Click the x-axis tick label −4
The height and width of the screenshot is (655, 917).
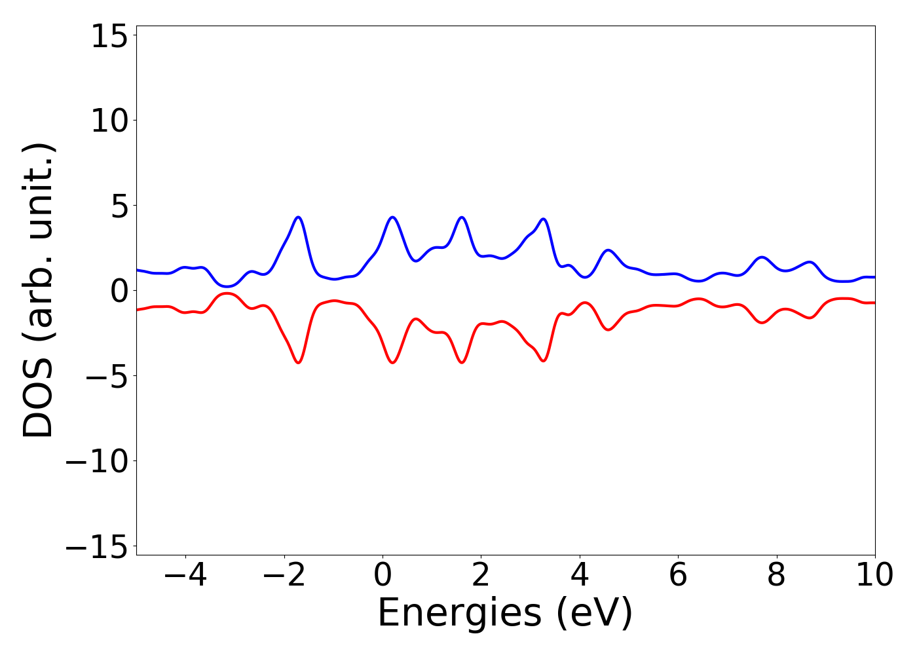click(185, 576)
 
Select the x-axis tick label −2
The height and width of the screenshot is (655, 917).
click(284, 576)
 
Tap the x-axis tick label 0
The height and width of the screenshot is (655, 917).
click(383, 576)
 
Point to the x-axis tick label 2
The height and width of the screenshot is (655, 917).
click(481, 576)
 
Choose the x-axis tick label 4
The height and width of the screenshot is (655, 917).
click(580, 576)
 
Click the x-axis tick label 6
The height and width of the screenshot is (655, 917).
click(678, 576)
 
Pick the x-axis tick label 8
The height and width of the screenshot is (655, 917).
click(776, 576)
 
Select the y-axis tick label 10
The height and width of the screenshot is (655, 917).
click(109, 121)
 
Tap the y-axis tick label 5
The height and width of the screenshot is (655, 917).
click(118, 206)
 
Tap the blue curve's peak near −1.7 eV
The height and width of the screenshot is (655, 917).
click(299, 217)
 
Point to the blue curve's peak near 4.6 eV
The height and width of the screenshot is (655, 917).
click(608, 250)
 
